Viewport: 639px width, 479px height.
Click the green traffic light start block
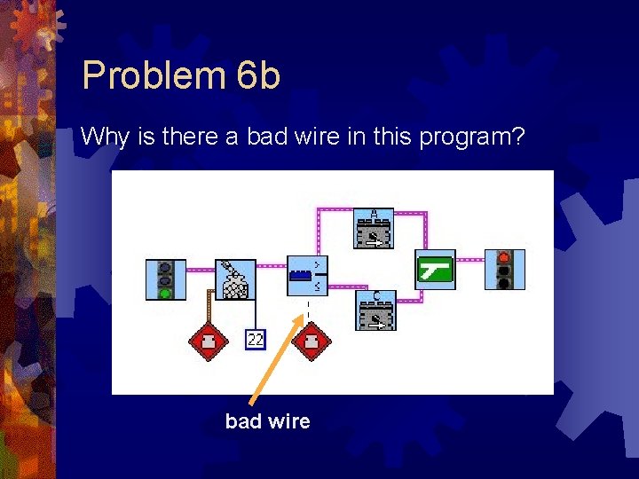click(166, 279)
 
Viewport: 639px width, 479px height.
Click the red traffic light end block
click(504, 270)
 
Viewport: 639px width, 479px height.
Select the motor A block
click(375, 229)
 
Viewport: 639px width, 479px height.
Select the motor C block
click(375, 310)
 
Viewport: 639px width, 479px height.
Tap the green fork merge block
click(436, 270)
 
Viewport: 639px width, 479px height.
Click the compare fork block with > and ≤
click(307, 276)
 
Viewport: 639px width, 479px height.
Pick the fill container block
click(235, 279)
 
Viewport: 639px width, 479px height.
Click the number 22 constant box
click(256, 340)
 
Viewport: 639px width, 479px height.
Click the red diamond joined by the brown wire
click(208, 342)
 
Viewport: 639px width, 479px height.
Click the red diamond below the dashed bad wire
click(311, 342)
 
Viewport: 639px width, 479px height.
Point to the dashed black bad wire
click(308, 310)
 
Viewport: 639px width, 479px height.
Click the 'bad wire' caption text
click(267, 421)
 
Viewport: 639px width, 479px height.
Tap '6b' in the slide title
click(259, 75)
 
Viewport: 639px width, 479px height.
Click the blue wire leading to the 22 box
click(256, 315)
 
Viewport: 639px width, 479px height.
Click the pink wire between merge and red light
click(470, 259)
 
